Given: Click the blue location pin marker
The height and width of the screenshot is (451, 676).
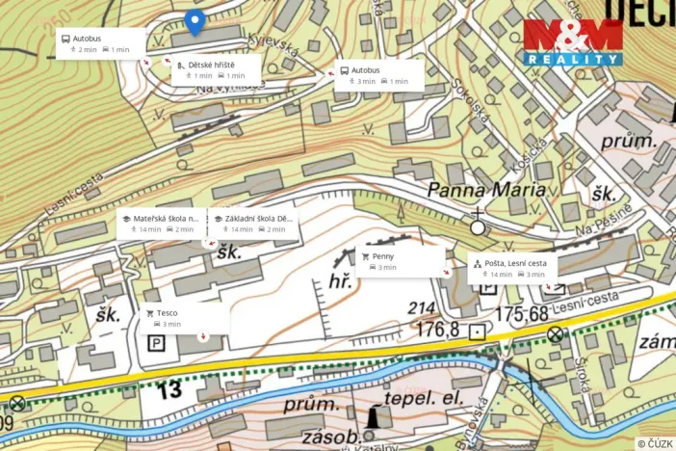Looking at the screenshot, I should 195,21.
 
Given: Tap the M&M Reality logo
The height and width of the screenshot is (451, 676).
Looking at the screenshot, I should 572,42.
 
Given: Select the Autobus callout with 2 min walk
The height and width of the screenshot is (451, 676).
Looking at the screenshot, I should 100,43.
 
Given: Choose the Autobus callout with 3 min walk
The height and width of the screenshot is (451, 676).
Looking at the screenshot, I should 378,75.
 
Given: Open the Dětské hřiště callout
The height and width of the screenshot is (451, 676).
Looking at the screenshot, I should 216,69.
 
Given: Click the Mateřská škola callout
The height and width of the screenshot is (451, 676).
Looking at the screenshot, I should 160,224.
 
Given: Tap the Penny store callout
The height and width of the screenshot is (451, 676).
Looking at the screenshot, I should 400,260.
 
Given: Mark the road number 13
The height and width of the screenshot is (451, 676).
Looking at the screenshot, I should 169,389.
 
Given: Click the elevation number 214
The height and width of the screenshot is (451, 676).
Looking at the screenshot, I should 422,308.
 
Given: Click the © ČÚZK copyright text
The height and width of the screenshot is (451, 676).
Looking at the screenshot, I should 654,442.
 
